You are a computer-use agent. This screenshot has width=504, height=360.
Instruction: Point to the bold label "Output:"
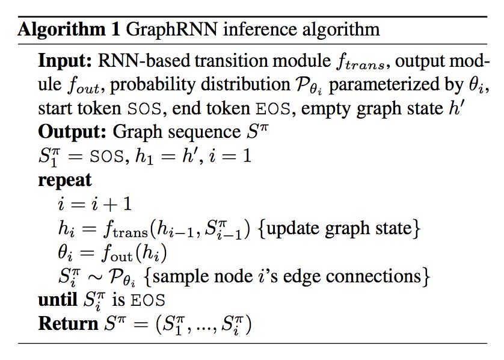[72, 131]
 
